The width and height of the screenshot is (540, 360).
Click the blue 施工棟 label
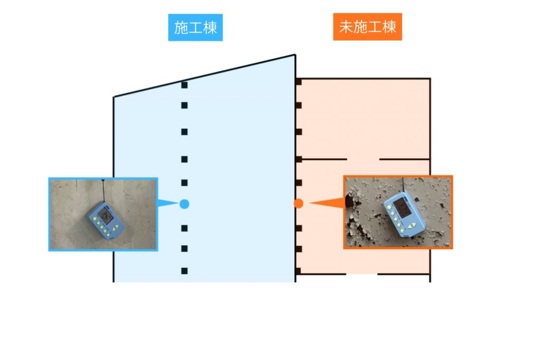[195, 27]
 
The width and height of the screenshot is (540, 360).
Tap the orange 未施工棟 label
[368, 27]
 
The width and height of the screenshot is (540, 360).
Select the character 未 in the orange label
[346, 27]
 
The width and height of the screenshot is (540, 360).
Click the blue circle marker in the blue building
[184, 204]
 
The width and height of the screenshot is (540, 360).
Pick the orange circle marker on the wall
[298, 203]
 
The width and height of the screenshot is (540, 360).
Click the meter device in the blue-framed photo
[106, 221]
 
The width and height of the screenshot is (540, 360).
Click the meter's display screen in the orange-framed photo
[402, 207]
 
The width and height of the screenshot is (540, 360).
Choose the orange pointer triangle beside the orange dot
[327, 203]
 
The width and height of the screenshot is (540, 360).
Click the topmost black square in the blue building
[184, 85]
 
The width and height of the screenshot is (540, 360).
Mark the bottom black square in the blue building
[184, 271]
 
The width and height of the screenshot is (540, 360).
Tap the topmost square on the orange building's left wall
[298, 82]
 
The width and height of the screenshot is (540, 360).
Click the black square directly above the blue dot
[184, 182]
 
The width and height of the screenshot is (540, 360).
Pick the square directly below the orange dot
[298, 228]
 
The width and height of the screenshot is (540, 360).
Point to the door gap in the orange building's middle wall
[363, 159]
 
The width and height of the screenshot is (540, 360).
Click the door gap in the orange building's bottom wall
[362, 274]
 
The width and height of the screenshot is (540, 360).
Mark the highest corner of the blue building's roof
[295, 54]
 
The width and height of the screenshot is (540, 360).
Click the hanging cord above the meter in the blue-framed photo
[103, 191]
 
